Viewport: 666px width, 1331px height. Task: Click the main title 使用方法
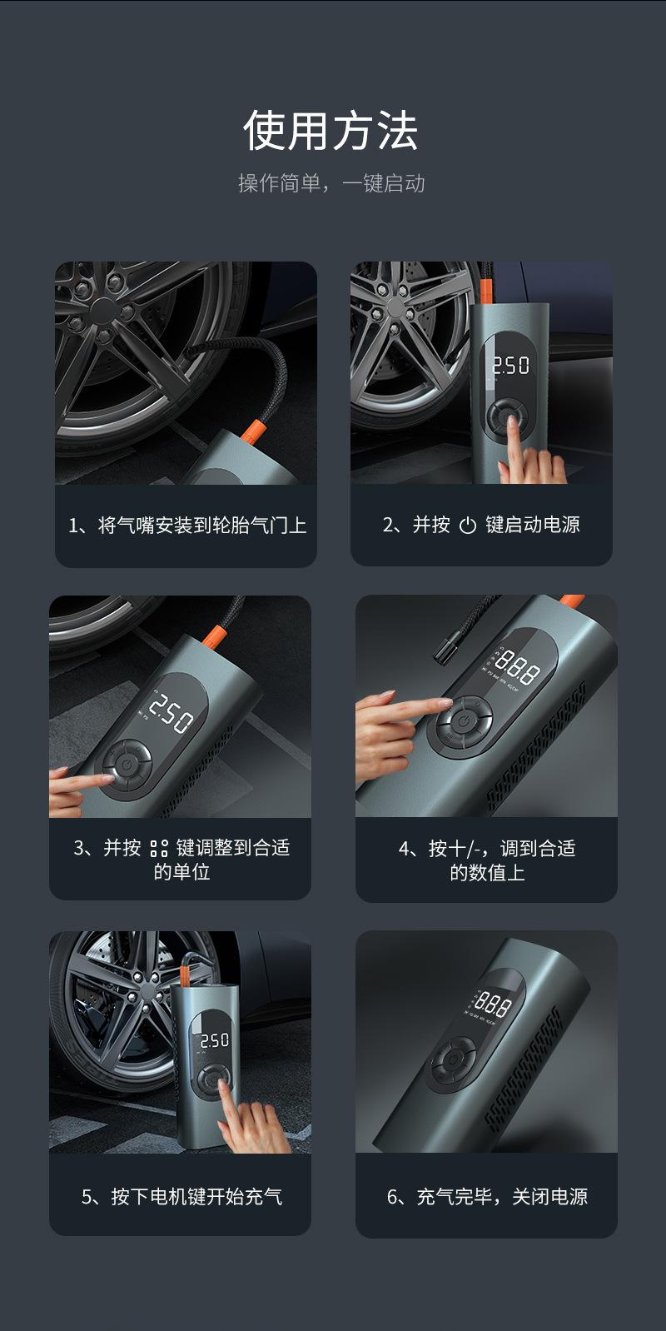pyautogui.click(x=331, y=130)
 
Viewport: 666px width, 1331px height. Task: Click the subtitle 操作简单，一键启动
pyautogui.click(x=331, y=183)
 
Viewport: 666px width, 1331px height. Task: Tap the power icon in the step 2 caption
pyautogui.click(x=468, y=526)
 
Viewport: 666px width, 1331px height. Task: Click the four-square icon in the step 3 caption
pyautogui.click(x=159, y=849)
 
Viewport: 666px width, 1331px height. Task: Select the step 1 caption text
pyautogui.click(x=187, y=526)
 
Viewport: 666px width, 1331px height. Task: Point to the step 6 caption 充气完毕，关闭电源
pyautogui.click(x=487, y=1196)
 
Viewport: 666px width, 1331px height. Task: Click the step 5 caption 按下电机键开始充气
pyautogui.click(x=181, y=1196)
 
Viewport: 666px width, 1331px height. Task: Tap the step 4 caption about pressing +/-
pyautogui.click(x=487, y=860)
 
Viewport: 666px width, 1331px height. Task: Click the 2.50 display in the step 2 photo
pyautogui.click(x=510, y=365)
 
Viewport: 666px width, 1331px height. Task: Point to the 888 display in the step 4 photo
pyautogui.click(x=518, y=666)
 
